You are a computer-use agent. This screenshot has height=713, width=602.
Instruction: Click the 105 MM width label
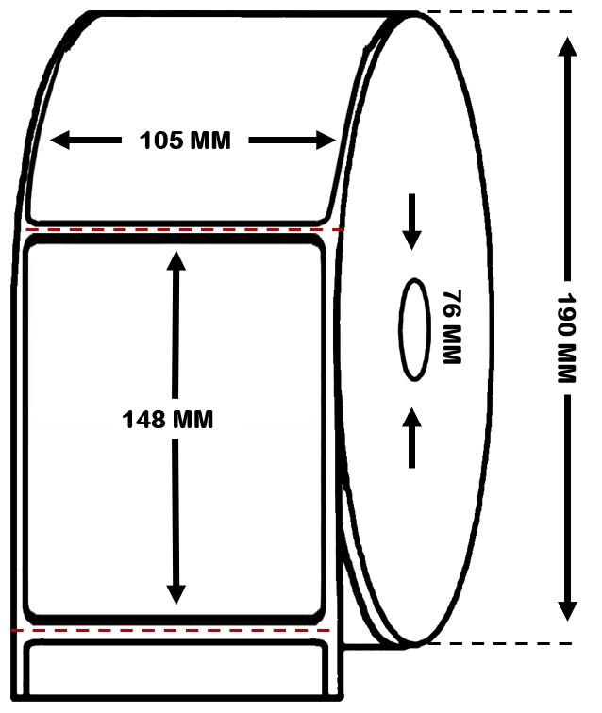[x=185, y=141]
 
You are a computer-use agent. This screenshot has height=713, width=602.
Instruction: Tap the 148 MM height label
[x=167, y=420]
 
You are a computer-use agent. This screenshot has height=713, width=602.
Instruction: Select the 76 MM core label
[x=452, y=327]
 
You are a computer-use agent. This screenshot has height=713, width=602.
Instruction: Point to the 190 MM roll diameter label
[x=567, y=338]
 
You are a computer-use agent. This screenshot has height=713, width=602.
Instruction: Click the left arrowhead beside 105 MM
[x=59, y=140]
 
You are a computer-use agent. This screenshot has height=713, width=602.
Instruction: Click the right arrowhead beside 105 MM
[x=326, y=140]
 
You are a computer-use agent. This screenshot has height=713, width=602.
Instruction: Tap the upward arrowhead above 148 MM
[x=176, y=261]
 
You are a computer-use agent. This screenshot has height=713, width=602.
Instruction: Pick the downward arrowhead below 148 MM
[x=176, y=594]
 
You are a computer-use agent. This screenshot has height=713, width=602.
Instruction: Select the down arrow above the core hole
[x=411, y=222]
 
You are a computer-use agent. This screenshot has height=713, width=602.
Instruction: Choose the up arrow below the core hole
[x=411, y=438]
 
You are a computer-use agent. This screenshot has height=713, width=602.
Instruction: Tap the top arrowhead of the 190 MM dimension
[x=567, y=47]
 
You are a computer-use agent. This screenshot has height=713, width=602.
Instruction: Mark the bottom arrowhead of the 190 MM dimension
[x=567, y=611]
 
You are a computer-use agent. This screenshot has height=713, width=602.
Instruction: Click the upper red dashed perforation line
[x=184, y=229]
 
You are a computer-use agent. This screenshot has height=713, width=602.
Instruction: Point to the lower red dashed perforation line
[x=170, y=631]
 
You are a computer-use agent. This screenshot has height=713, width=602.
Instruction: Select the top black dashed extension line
[x=499, y=12]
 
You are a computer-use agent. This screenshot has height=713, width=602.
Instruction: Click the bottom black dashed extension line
[x=499, y=643]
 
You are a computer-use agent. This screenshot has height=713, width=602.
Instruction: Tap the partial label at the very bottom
[x=176, y=669]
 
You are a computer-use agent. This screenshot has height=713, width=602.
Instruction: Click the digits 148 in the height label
[x=143, y=420]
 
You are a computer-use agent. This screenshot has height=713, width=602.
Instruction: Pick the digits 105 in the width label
[x=161, y=141]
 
